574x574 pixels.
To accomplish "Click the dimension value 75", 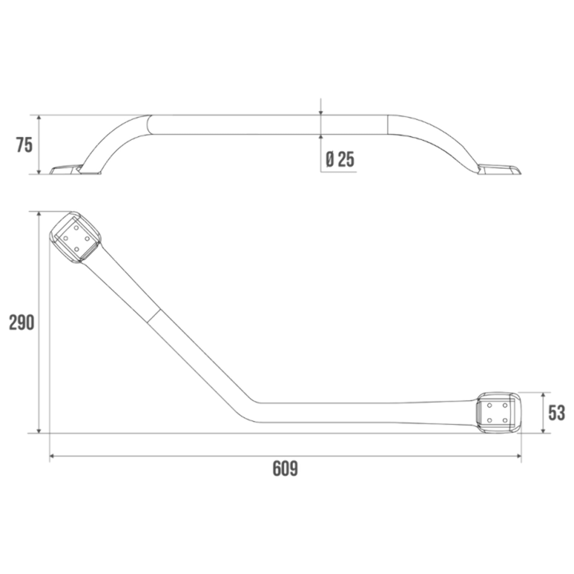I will pos(25,146).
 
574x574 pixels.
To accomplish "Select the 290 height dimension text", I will pos(21,322).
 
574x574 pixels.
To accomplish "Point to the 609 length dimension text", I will pos(285,469).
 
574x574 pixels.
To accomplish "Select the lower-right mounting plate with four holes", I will pos(498,413).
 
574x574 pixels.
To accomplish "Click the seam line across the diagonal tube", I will pos(154,316).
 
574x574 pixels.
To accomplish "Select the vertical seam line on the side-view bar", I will pos(388,125).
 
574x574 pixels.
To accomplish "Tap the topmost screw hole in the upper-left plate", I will pos(76,228).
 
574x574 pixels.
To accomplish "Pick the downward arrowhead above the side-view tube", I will pos(321,112).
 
